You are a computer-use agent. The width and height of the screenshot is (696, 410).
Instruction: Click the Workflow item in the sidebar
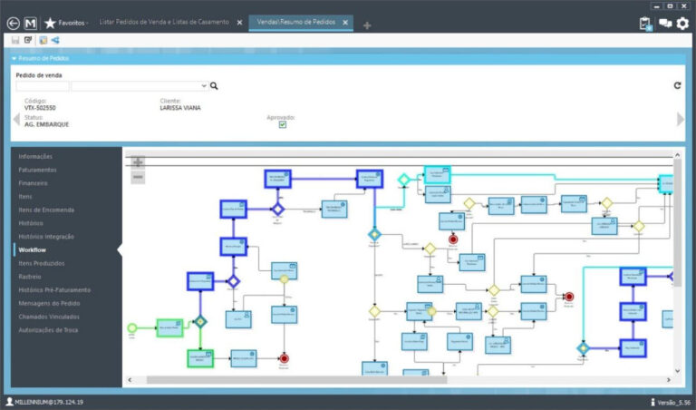(x=33, y=249)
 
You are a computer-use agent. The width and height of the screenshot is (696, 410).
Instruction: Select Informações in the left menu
(x=36, y=156)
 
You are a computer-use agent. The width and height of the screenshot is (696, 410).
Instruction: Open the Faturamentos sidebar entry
(x=38, y=170)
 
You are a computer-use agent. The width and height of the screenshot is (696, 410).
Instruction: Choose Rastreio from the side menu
(x=31, y=276)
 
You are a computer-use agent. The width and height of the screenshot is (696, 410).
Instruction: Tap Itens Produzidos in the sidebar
(x=42, y=263)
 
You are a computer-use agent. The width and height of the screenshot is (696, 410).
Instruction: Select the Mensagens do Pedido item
(x=50, y=303)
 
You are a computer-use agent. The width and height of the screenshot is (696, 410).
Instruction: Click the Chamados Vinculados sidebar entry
(x=49, y=316)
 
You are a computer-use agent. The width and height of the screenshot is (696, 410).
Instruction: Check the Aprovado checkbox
(x=283, y=125)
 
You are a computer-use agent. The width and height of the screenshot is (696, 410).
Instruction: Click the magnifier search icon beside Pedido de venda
(x=215, y=86)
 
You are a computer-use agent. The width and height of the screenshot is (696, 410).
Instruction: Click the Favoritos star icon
(x=50, y=23)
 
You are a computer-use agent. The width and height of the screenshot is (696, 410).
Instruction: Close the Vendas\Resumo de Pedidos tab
(x=345, y=23)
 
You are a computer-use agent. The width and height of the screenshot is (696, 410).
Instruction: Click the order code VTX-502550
(x=42, y=108)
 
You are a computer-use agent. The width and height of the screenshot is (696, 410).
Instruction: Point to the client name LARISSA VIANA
(x=180, y=108)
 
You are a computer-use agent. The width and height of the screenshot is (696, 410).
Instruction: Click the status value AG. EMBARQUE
(x=47, y=124)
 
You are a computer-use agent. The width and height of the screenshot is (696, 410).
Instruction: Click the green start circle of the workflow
(x=132, y=327)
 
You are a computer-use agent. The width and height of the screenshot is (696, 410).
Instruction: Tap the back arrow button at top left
(x=13, y=23)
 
